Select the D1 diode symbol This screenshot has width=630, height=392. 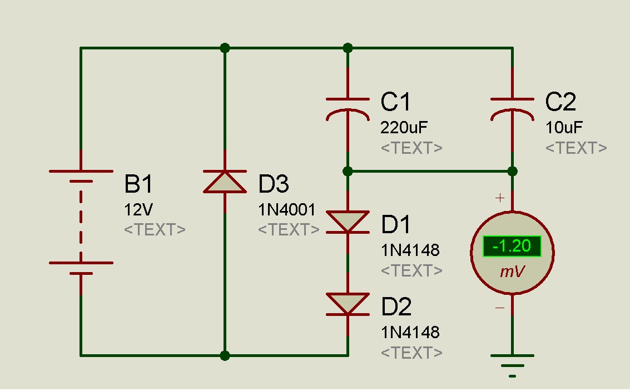(348, 222)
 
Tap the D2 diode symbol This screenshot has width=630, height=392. (348, 304)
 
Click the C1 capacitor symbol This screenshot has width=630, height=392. (348, 109)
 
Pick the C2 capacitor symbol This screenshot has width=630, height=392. (513, 109)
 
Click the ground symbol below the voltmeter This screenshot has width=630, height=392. (513, 365)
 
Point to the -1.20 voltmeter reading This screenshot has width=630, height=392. (512, 246)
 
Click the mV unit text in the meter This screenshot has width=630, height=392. (512, 272)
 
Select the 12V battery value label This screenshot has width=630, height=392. (138, 210)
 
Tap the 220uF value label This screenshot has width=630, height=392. (404, 128)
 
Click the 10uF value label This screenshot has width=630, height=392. (564, 128)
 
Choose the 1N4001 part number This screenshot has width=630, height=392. (287, 210)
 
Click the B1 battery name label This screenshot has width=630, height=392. (138, 184)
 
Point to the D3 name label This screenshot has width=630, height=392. (274, 184)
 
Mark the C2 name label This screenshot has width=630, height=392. (561, 102)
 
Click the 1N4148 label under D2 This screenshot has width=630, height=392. (410, 332)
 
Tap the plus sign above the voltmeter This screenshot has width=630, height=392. (500, 198)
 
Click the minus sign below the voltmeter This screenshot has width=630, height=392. (500, 308)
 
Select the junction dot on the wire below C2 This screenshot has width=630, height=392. (513, 172)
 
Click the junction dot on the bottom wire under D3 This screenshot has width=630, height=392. (225, 355)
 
